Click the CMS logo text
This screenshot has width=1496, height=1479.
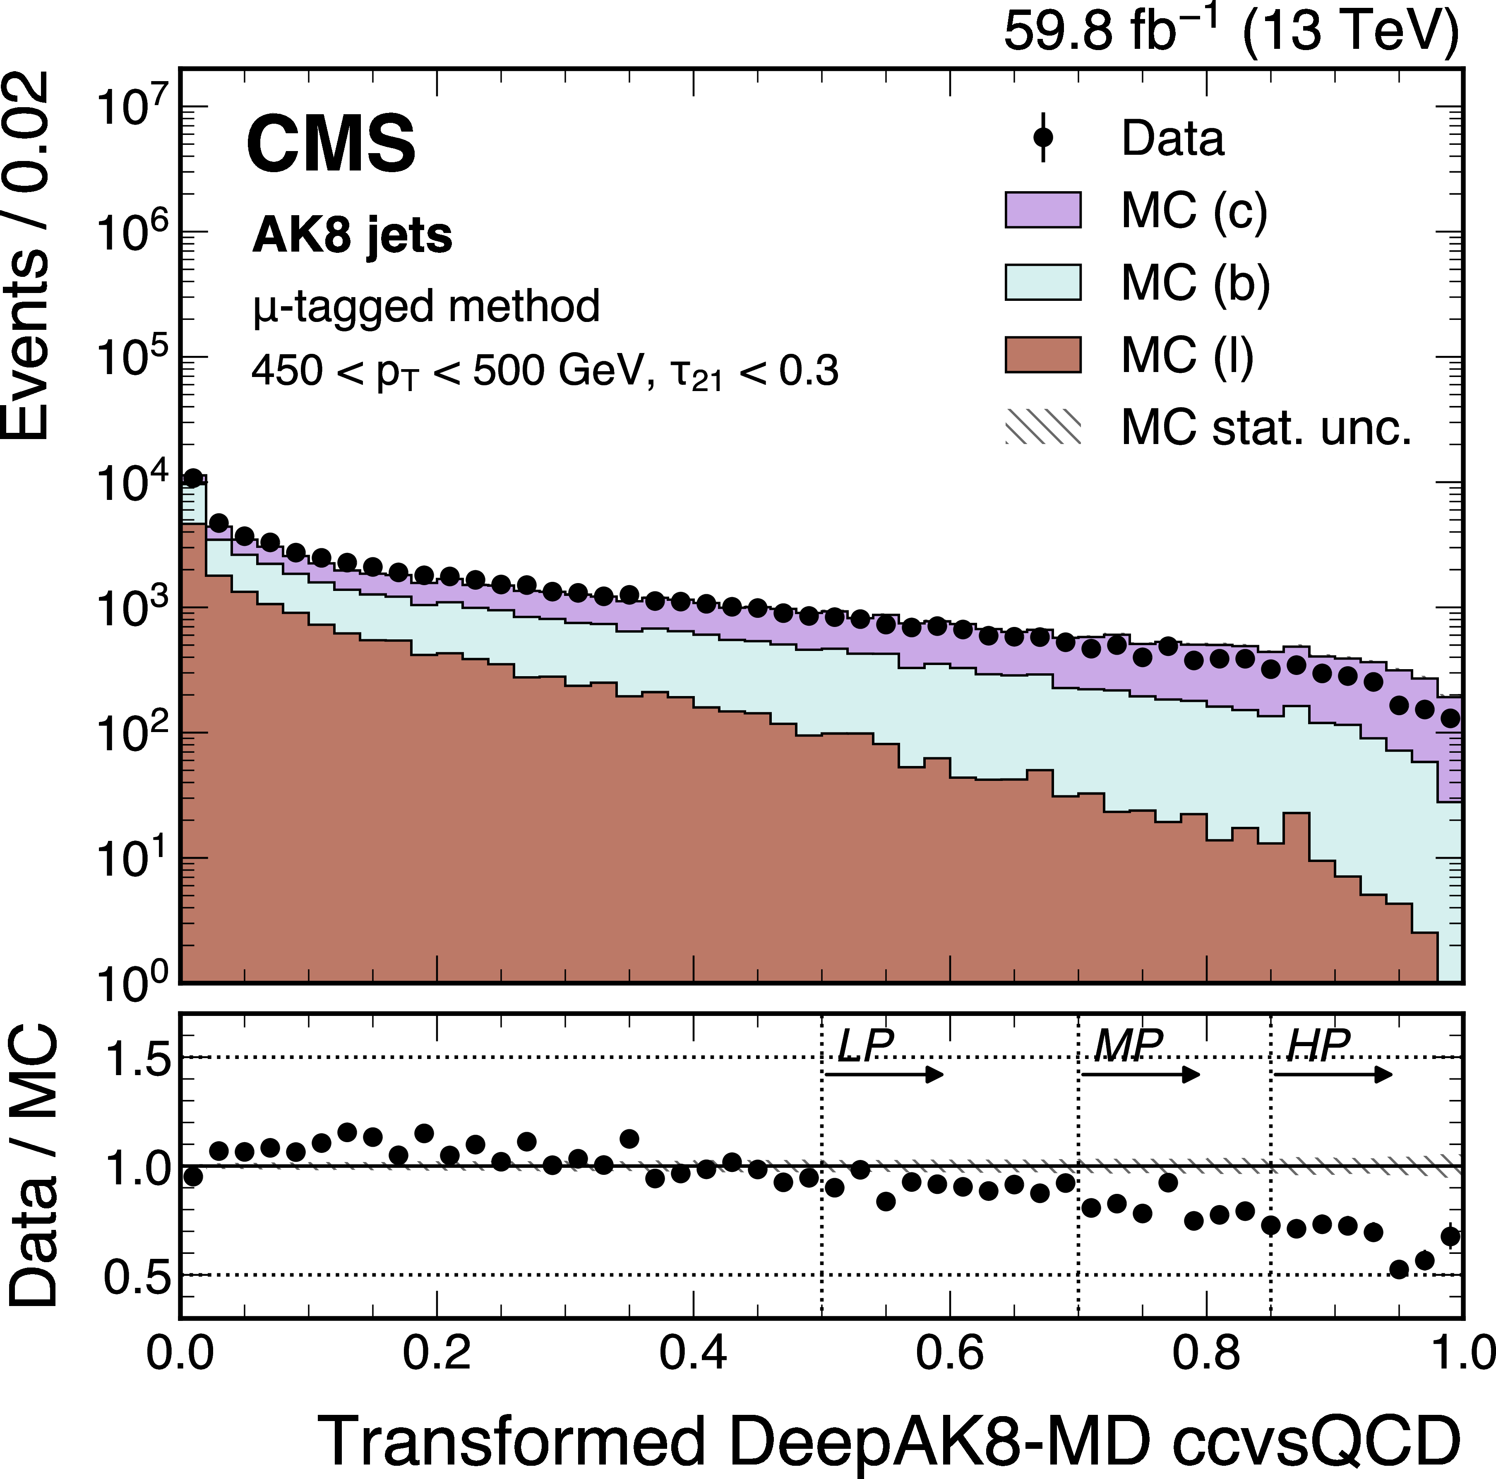[331, 144]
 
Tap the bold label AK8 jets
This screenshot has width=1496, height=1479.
[352, 235]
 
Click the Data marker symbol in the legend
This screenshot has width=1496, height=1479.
[1043, 138]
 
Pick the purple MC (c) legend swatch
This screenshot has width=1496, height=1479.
[1042, 210]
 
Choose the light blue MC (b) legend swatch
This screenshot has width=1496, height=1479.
[1042, 282]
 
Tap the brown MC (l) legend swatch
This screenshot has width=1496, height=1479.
[1042, 355]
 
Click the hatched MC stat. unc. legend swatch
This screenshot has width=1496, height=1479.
[1042, 427]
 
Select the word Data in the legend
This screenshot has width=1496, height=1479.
[1172, 139]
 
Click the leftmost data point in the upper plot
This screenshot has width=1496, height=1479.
[193, 478]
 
